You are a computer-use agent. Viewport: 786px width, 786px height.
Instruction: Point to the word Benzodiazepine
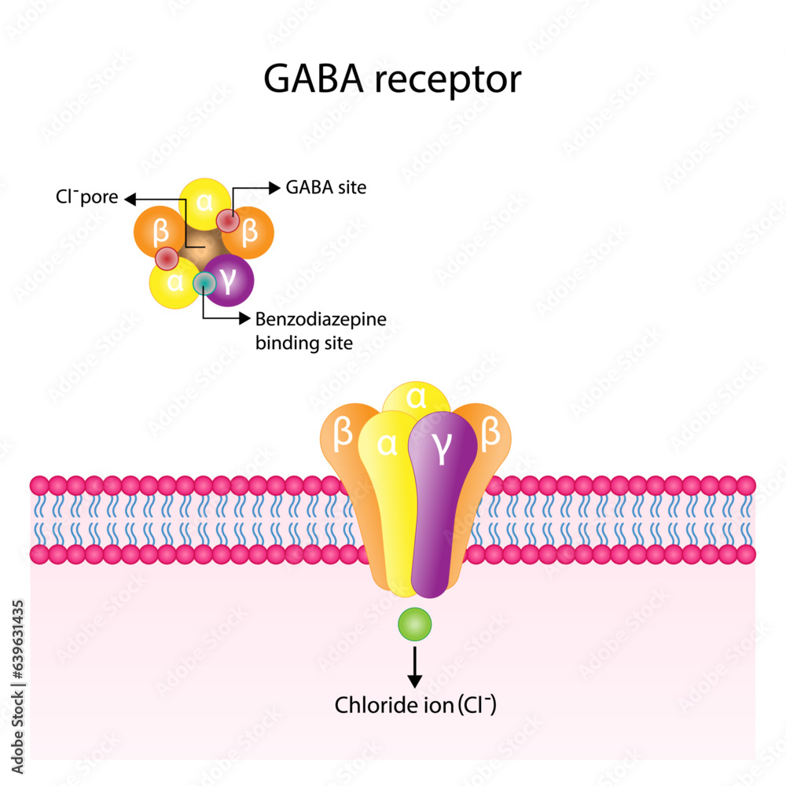(321, 319)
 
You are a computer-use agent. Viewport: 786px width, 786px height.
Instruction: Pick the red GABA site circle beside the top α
(228, 222)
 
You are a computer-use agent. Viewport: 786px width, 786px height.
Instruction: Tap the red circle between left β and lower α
(167, 257)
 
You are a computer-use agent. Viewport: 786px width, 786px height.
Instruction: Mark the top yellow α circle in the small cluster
(204, 201)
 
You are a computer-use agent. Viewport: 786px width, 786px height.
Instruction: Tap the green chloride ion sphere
(414, 625)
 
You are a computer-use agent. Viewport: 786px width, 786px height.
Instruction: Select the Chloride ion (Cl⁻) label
(415, 705)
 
